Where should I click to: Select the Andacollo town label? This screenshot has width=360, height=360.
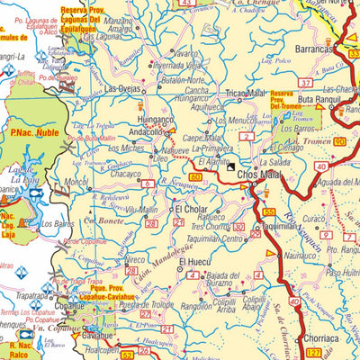pyautogui.click(x=142, y=131)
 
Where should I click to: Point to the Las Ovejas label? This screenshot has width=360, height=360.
pyautogui.click(x=123, y=89)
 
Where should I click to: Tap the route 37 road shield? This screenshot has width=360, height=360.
pyautogui.click(x=306, y=83)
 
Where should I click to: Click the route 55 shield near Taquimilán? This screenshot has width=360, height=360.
pyautogui.click(x=269, y=211)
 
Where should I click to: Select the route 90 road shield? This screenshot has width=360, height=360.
pyautogui.click(x=339, y=143)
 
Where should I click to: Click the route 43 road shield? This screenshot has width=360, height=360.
pyautogui.click(x=185, y=4)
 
